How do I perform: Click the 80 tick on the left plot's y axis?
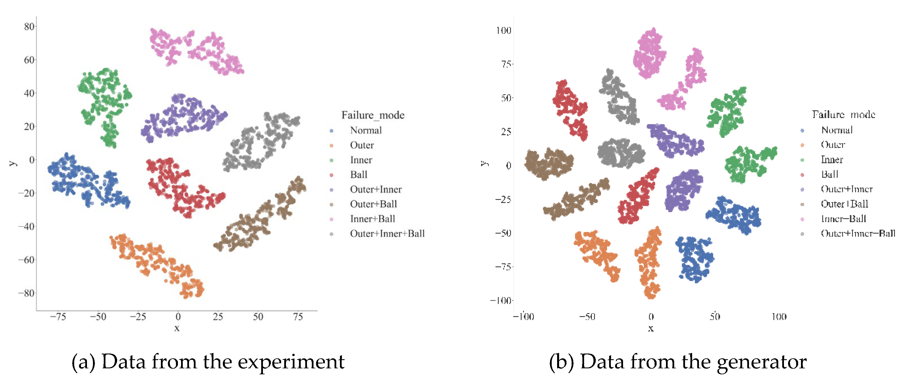pos(29,26)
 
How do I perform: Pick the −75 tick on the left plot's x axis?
pos(58,317)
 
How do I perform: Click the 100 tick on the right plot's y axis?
pos(503,30)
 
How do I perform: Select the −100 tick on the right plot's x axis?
pos(524,317)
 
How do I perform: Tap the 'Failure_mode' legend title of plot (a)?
pos(373,115)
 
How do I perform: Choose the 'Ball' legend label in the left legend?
pos(358,174)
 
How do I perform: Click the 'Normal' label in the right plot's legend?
pos(837,130)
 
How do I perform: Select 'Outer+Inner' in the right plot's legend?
pos(846,189)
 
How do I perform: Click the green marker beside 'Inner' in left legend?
pos(331,160)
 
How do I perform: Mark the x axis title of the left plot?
pos(177,328)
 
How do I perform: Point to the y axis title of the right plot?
pos(485,163)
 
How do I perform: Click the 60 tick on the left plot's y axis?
pos(29,60)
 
